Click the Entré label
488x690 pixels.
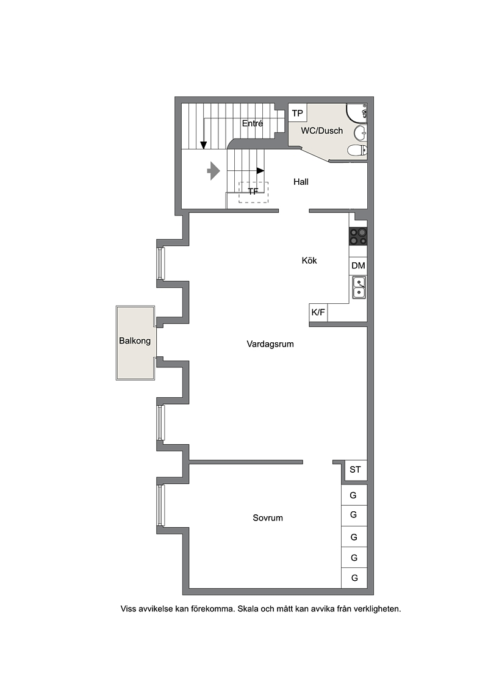point(252,124)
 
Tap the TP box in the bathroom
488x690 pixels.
point(298,113)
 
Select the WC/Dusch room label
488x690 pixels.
point(321,131)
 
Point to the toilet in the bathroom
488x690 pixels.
point(357,151)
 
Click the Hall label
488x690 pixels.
point(301,182)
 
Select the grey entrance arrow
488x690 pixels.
point(213,171)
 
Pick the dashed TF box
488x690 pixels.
point(254,192)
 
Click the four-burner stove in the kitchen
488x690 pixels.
point(358,236)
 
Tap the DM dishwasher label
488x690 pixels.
point(358,265)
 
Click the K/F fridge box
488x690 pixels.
point(318,312)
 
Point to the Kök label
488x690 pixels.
point(309,261)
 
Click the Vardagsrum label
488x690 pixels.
point(270,344)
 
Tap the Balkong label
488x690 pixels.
point(135,340)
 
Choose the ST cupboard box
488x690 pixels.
point(355,470)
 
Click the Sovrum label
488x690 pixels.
point(268,518)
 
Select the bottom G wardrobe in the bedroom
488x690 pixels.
point(354,578)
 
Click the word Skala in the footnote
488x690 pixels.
point(249,609)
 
